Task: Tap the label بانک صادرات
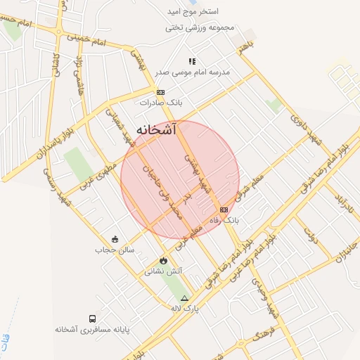click(x=160, y=102)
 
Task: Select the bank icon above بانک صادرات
click(x=160, y=92)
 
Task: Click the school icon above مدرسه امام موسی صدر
click(x=192, y=62)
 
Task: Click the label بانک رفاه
click(x=224, y=220)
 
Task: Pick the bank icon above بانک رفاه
click(x=224, y=210)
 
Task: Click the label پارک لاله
click(x=186, y=308)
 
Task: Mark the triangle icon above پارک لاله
click(x=185, y=298)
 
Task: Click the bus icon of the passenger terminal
click(x=93, y=319)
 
